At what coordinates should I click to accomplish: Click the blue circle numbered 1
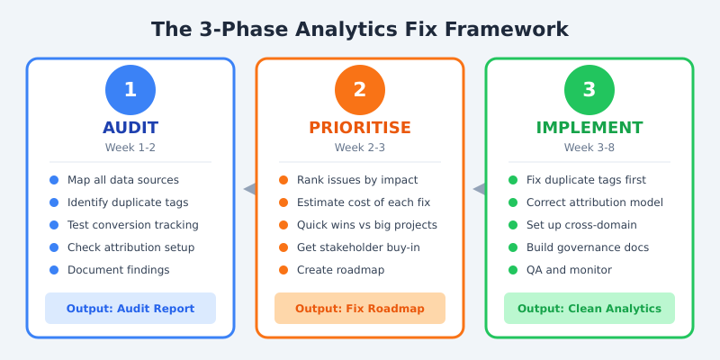point(130,90)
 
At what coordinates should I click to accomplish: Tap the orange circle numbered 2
point(360,90)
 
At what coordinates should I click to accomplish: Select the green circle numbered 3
point(589,90)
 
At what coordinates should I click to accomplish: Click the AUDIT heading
point(130,128)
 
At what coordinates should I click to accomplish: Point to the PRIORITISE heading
point(360,128)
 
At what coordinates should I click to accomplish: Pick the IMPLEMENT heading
point(589,128)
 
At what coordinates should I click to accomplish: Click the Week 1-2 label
point(130,148)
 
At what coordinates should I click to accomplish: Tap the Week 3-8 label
point(589,148)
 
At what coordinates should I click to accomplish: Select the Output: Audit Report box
point(130,309)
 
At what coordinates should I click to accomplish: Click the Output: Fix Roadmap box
point(360,309)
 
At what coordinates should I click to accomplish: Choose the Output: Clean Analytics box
point(589,309)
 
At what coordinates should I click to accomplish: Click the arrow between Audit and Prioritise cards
point(249,189)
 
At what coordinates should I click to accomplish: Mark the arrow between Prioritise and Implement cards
point(479,189)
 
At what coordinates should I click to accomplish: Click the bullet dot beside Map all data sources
point(54,180)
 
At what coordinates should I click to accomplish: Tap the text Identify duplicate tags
point(128,202)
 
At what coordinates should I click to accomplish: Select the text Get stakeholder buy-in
point(358,247)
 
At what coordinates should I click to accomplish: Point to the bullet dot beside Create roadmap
point(283,270)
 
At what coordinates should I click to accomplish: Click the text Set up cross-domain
point(581,225)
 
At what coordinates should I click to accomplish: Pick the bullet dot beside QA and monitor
point(513,270)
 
